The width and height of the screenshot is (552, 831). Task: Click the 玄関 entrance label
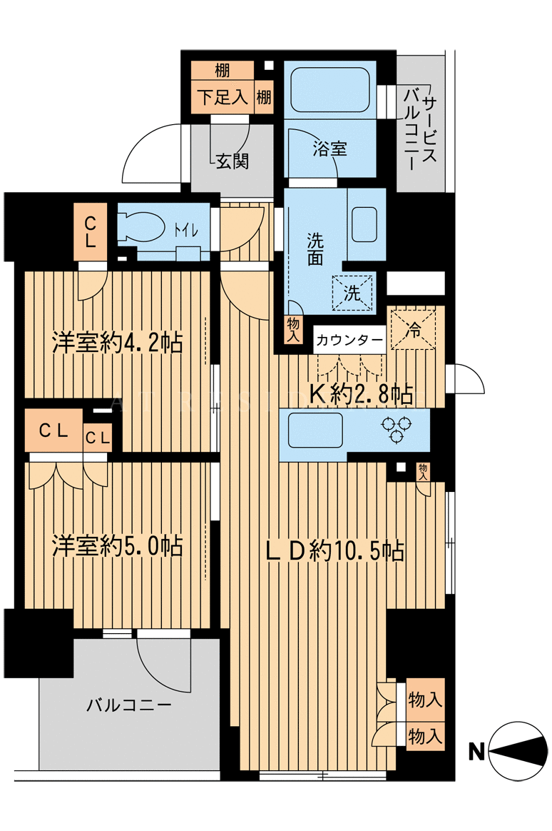click(232, 161)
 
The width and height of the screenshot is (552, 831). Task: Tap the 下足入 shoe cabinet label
click(223, 97)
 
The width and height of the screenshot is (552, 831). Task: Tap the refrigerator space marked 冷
click(414, 329)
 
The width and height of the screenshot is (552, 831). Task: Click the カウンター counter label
click(349, 341)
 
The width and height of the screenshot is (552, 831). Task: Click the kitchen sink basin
click(315, 430)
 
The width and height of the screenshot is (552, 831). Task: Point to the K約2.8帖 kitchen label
click(362, 393)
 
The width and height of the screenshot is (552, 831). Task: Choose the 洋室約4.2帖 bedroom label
click(117, 343)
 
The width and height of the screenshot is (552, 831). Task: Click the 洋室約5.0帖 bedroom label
click(118, 546)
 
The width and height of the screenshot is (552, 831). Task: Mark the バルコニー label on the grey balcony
click(129, 705)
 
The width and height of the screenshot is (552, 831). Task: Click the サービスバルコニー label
click(421, 128)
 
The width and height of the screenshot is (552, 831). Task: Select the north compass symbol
click(518, 750)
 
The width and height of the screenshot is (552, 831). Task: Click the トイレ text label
click(185, 231)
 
